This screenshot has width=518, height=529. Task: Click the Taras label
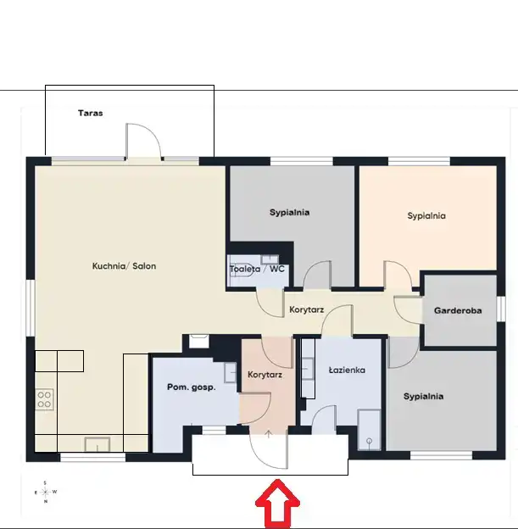(x=91, y=113)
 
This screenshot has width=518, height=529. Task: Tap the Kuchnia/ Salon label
(x=124, y=266)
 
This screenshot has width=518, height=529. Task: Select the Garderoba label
(x=458, y=310)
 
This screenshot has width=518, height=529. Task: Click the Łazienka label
(x=347, y=370)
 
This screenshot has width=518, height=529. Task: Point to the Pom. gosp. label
(x=192, y=387)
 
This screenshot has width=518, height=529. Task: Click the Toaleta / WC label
(x=257, y=269)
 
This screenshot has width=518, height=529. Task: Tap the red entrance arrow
(x=277, y=504)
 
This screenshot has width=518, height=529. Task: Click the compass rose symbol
(x=45, y=493)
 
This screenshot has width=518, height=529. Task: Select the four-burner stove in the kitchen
(x=44, y=399)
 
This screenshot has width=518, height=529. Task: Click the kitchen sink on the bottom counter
(x=97, y=444)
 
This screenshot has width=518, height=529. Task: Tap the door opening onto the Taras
(x=143, y=141)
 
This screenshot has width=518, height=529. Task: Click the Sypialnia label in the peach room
(x=426, y=215)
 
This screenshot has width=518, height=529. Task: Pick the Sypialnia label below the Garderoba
(x=423, y=396)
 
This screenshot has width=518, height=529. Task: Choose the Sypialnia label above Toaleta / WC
(x=290, y=212)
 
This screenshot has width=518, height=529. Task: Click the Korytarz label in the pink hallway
(x=265, y=375)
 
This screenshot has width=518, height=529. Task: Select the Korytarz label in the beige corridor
(x=306, y=309)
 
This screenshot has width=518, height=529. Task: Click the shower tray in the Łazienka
(x=369, y=430)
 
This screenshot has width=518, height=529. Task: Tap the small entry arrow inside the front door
(x=268, y=434)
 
